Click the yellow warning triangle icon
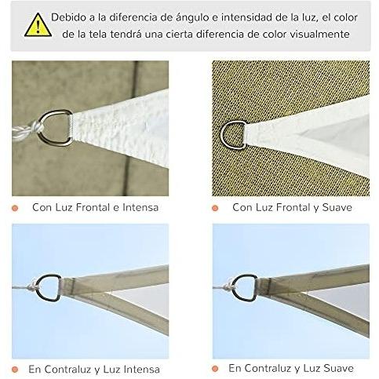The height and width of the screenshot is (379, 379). [34, 26]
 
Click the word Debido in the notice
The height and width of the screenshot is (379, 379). [70, 16]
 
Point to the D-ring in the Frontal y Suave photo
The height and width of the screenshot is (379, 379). [234, 133]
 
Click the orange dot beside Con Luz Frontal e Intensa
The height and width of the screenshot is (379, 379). [16, 207]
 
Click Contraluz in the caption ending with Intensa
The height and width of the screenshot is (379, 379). [72, 368]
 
